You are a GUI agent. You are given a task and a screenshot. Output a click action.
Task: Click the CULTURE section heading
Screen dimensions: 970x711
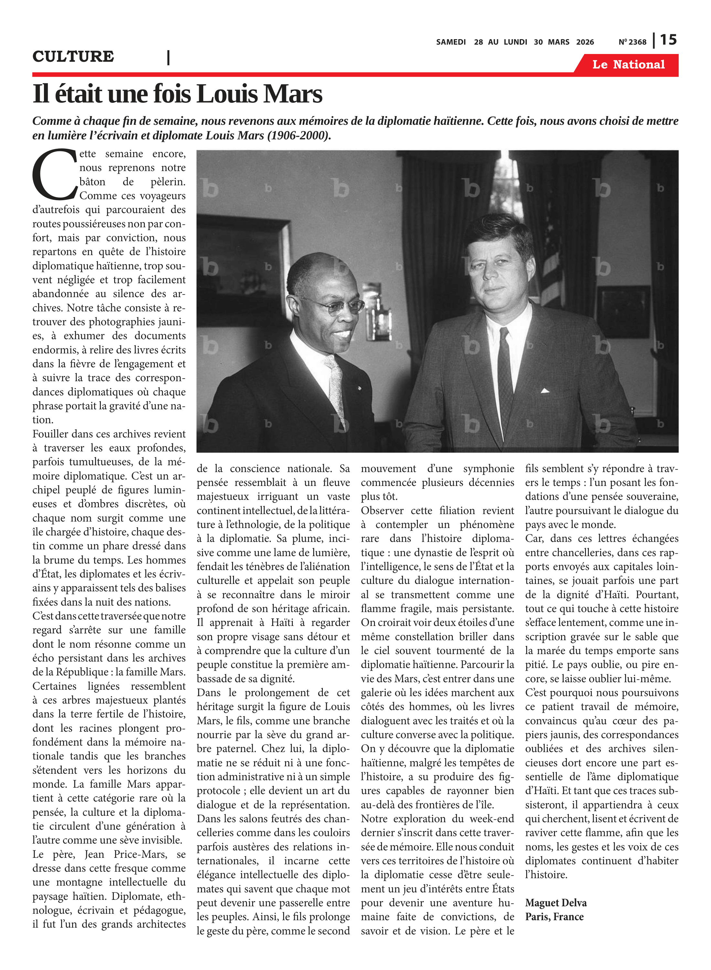(x=73, y=56)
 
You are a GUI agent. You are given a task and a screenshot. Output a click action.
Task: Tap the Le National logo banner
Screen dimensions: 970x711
(x=628, y=65)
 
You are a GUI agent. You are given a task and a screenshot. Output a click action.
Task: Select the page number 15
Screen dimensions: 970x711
(x=668, y=40)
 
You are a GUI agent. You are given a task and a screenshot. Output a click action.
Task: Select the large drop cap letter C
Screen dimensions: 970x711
(x=54, y=174)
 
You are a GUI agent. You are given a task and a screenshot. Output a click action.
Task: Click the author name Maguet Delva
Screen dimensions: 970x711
(x=556, y=902)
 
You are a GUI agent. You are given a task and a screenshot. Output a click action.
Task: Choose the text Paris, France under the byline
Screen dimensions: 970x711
(x=554, y=917)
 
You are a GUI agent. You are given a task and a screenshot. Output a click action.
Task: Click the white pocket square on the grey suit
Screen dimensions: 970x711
(x=545, y=391)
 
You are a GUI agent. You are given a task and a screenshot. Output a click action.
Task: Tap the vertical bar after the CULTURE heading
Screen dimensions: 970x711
(x=168, y=57)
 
